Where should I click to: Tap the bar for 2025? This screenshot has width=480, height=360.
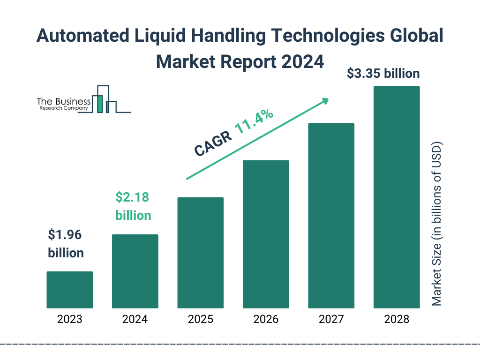pos(200,253)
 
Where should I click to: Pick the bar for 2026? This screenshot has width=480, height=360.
pos(266,234)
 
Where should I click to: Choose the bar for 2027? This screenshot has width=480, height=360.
pos(331,216)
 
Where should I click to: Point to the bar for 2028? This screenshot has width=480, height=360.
pos(396,197)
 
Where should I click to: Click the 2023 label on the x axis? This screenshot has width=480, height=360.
pos(69,320)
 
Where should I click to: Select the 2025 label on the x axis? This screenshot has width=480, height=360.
pos(200,320)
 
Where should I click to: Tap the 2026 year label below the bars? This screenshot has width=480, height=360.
pos(266,320)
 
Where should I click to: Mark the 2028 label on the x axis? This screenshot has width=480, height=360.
pos(396,320)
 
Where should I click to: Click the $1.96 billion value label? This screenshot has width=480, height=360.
pos(66,244)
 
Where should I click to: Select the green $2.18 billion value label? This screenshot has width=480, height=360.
pos(133,206)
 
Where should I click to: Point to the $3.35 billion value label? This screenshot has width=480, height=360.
pos(383,74)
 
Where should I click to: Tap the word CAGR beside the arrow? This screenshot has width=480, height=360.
pos(213,143)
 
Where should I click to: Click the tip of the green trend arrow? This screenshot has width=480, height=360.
pos(327,99)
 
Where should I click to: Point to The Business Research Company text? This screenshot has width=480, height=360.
pos(64,104)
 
